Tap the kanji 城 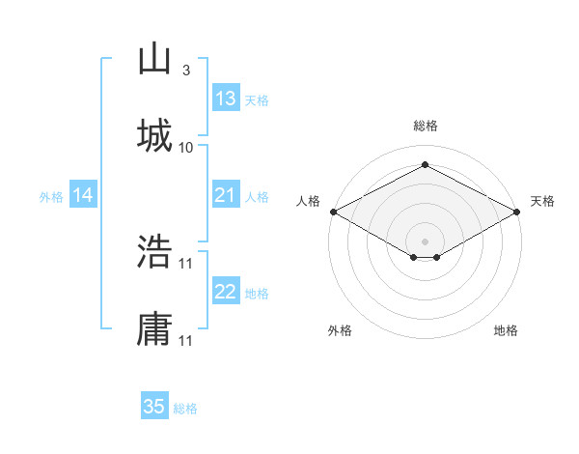pyautogui.click(x=154, y=136)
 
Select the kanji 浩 pyautogui.click(x=154, y=251)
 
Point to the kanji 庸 pyautogui.click(x=154, y=327)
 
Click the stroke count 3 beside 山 pyautogui.click(x=185, y=71)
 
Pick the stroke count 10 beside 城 pyautogui.click(x=186, y=147)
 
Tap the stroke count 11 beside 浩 pyautogui.click(x=186, y=262)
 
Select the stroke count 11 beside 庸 pyautogui.click(x=186, y=339)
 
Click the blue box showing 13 pyautogui.click(x=226, y=99)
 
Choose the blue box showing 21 pyautogui.click(x=226, y=195)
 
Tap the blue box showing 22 pyautogui.click(x=226, y=292)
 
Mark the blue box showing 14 pyautogui.click(x=83, y=195)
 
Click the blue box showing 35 pyautogui.click(x=154, y=407)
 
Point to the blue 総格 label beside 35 pyautogui.click(x=185, y=409)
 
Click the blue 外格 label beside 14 pyautogui.click(x=51, y=197)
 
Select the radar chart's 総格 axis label pyautogui.click(x=425, y=126)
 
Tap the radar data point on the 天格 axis pyautogui.click(x=518, y=212)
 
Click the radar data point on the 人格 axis pyautogui.click(x=332, y=212)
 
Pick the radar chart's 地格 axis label pyautogui.click(x=506, y=330)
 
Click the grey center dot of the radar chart pyautogui.click(x=425, y=241)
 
